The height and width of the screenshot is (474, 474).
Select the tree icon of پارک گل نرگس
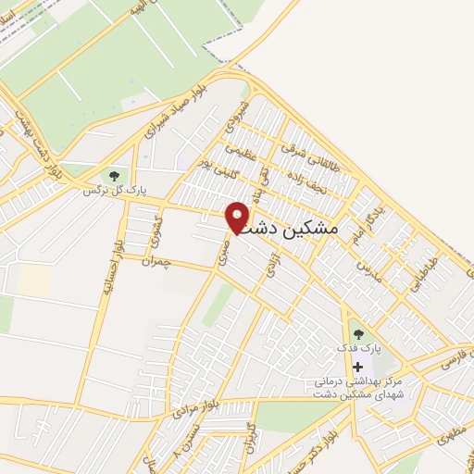[x=115, y=175]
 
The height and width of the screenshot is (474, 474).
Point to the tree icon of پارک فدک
[x=357, y=334]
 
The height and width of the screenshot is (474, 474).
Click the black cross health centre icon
[x=357, y=368]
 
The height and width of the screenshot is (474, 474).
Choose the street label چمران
[x=158, y=262]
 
